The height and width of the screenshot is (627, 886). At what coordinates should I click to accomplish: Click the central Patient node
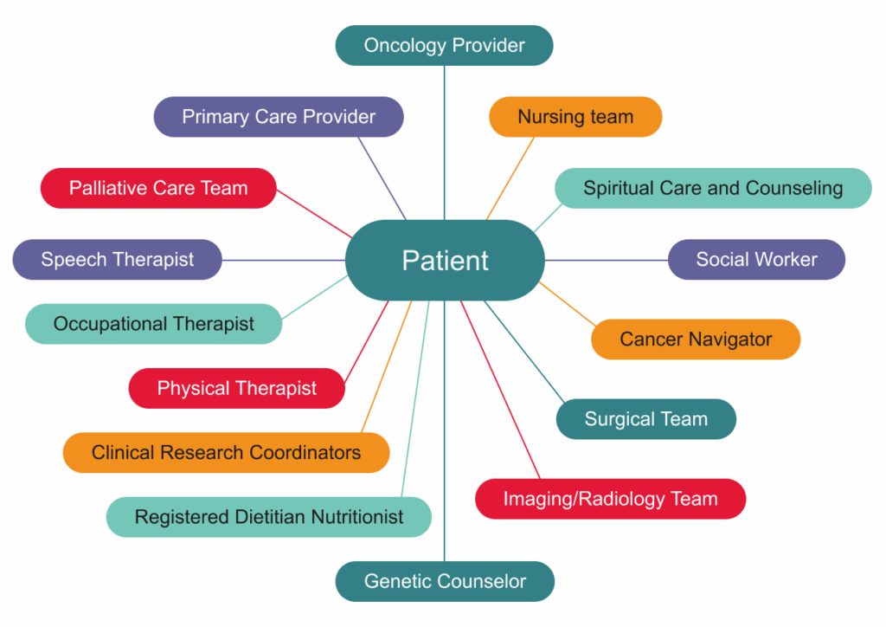tap(445, 260)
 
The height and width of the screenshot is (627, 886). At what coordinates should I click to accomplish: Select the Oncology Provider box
tap(444, 45)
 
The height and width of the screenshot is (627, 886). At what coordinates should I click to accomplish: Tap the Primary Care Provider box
tap(279, 116)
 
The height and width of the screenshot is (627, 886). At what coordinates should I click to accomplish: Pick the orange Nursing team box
tap(575, 116)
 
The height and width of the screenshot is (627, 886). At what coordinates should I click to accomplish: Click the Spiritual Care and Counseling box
tap(712, 188)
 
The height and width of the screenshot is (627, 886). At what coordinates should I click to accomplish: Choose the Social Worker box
tap(756, 259)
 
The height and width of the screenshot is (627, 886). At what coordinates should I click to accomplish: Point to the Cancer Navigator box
tap(696, 339)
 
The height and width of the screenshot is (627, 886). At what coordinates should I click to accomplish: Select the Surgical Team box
tap(645, 419)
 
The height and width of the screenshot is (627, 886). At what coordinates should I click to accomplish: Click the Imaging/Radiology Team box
tap(610, 499)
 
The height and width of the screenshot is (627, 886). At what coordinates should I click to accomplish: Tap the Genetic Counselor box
tap(445, 581)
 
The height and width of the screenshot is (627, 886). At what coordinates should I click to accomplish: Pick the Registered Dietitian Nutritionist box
tap(268, 517)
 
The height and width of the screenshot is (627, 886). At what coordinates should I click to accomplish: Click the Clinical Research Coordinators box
tap(226, 452)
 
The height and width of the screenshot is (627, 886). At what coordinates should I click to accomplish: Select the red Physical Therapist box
tap(236, 388)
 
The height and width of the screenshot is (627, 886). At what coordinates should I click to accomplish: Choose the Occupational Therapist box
tap(153, 324)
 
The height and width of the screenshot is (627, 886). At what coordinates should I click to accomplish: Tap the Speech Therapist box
tap(118, 259)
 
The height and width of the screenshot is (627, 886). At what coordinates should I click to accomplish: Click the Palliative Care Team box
tap(158, 188)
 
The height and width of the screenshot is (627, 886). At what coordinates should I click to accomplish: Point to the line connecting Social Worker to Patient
tap(606, 260)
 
